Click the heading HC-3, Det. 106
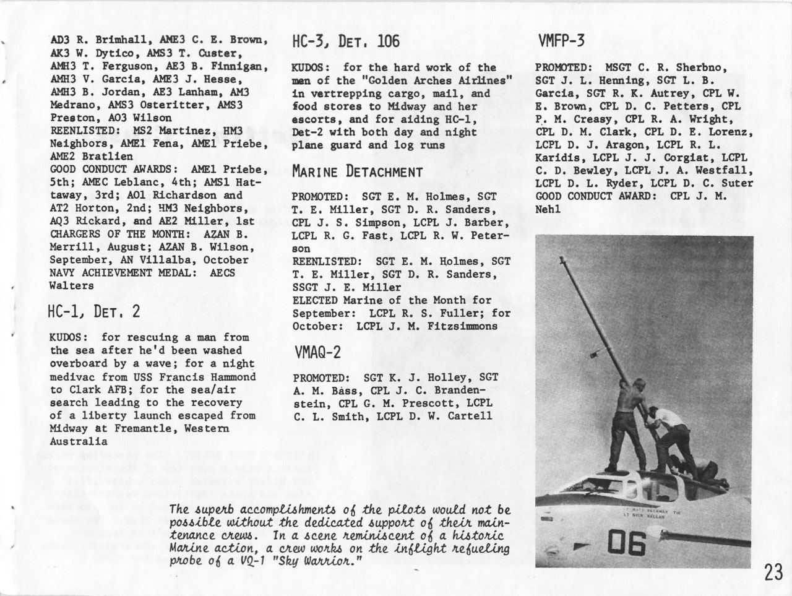tap(345, 41)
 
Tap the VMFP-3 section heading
tap(561, 41)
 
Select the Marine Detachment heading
tap(357, 171)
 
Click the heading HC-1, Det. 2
tap(94, 311)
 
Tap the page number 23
tap(773, 572)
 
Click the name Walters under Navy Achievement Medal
tap(71, 286)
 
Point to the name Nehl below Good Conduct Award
tap(548, 209)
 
